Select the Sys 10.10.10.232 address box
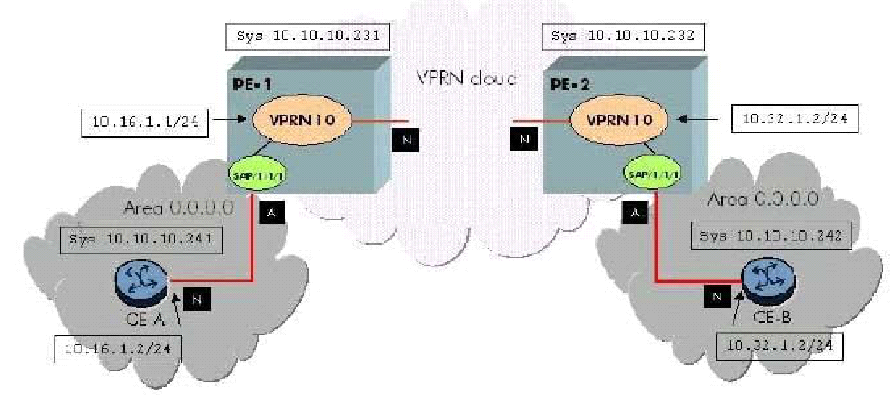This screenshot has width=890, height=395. click(x=623, y=37)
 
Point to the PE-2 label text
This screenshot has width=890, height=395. click(x=569, y=88)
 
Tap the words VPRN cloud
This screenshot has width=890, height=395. click(x=466, y=77)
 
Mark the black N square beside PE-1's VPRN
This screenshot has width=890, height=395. click(x=405, y=138)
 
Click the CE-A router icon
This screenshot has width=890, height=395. click(x=138, y=281)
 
